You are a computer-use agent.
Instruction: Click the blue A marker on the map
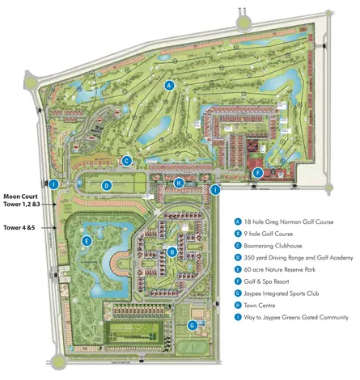(169, 85)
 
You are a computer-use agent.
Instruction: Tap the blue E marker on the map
(86, 241)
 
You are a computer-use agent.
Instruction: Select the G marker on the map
(192, 325)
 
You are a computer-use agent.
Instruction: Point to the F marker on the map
(257, 172)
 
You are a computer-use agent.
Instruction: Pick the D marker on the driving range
(106, 185)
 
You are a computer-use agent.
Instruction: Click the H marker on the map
(177, 183)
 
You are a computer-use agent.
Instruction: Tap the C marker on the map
(127, 161)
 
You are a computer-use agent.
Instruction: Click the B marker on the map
(173, 251)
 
